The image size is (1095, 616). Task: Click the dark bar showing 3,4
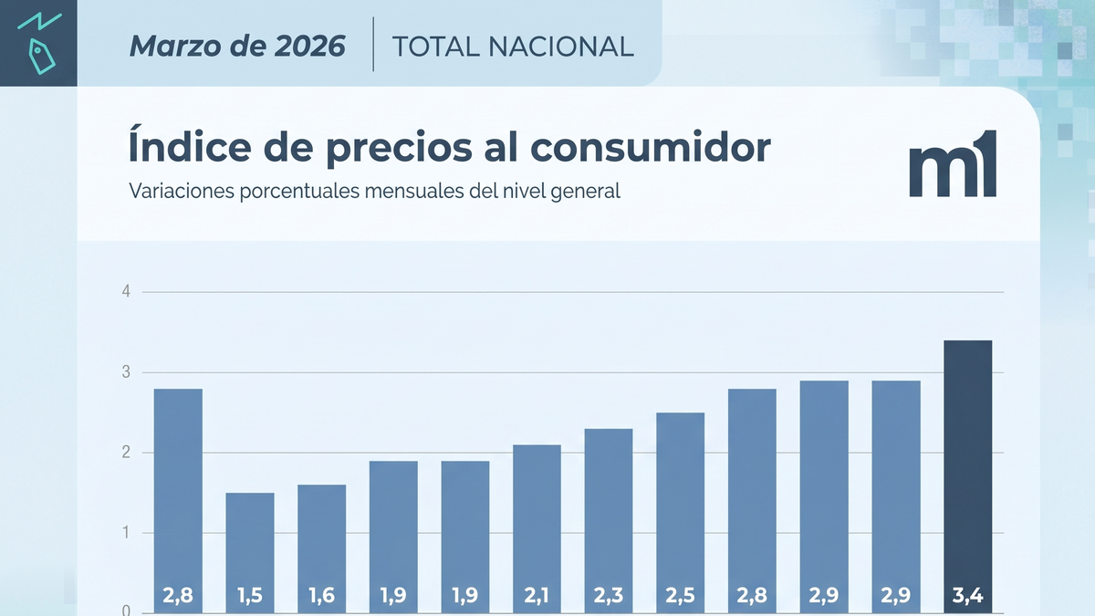967,475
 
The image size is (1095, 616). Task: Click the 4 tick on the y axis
127,292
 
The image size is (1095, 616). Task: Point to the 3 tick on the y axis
127,372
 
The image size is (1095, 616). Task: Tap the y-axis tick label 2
127,453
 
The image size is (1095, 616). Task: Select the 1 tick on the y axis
127,533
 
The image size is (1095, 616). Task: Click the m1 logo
952,165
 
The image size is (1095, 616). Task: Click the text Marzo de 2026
237,46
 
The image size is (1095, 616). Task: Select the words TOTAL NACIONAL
512,46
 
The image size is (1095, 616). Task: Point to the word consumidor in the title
661,149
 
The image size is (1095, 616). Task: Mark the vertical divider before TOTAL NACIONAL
373,43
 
